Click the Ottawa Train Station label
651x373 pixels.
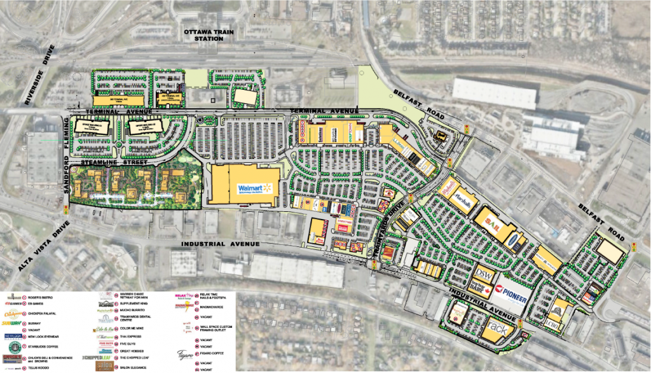203,35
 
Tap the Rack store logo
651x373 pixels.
498,329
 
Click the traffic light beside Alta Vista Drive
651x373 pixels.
65,210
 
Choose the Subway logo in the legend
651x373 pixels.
16,323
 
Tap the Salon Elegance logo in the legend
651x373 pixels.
107,367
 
